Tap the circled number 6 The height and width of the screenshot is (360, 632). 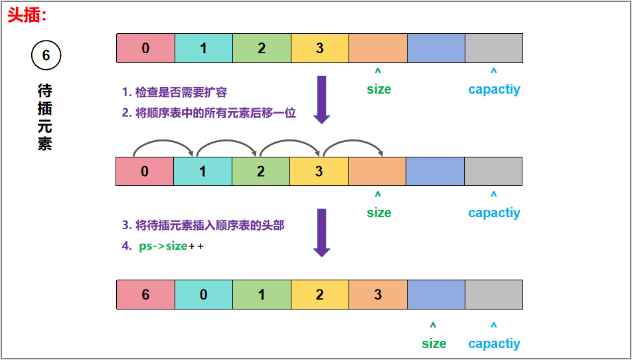[x=46, y=56]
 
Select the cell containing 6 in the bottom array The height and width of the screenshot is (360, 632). [x=145, y=294]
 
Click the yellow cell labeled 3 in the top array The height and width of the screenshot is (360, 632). [x=319, y=48]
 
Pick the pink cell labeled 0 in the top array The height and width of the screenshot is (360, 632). [x=145, y=48]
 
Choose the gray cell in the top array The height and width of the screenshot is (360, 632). [x=493, y=48]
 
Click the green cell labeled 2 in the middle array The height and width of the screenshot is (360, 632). [x=260, y=171]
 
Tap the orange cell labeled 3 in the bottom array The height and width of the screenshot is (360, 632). [x=378, y=294]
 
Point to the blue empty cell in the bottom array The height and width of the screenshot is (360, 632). [x=435, y=294]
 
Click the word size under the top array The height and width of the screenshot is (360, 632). [x=378, y=89]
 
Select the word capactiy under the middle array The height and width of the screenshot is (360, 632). [x=494, y=213]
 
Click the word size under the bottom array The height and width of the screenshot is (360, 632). [x=434, y=343]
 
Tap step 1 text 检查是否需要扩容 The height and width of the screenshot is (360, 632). [x=175, y=92]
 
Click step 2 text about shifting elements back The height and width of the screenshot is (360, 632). [x=208, y=113]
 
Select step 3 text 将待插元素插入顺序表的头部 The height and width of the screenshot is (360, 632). [x=202, y=226]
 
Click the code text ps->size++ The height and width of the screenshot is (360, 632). [x=171, y=246]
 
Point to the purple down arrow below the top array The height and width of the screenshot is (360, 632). [x=322, y=100]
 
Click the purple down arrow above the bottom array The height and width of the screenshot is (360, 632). [x=322, y=232]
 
